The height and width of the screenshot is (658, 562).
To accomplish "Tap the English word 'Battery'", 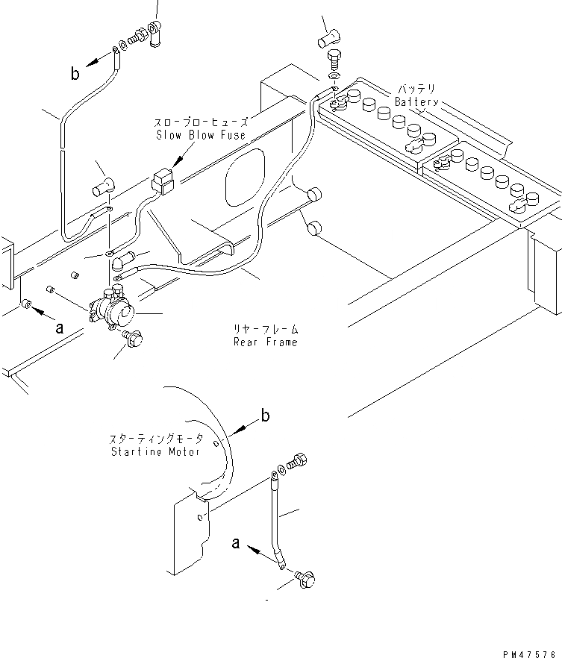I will coord(417,102).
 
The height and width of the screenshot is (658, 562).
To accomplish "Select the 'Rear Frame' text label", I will coord(265,342).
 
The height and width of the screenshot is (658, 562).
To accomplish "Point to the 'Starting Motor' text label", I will coord(155,452).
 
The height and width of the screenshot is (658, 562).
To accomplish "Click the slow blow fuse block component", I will coord(160,181).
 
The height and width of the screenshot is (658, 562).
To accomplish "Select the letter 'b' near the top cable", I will coord(75,73).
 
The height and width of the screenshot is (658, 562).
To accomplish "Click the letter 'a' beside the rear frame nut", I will coord(59,326).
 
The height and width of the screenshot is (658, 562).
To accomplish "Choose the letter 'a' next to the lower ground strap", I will coord(236,544).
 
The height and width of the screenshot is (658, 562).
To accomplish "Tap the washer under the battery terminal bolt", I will coord(334,75).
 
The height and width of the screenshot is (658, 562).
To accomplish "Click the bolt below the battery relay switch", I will coord(134,339).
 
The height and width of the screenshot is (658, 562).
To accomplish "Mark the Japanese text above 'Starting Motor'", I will coord(155,440).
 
